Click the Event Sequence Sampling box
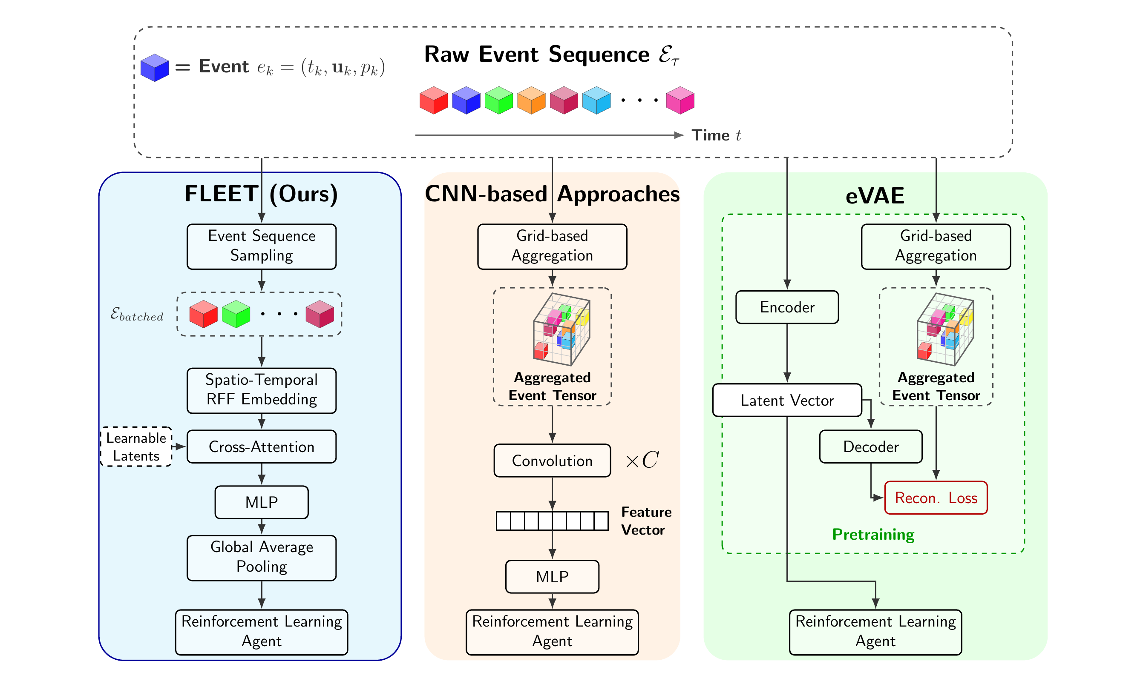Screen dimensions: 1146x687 (261, 246)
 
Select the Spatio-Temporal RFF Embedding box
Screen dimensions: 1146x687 (261, 390)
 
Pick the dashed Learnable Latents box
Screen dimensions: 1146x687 (136, 446)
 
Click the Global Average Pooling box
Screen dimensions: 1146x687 (261, 558)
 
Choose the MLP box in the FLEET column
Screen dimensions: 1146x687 (261, 502)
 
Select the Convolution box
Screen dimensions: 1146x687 (552, 460)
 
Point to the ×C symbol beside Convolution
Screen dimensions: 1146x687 (642, 460)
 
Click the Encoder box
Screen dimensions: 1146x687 (787, 307)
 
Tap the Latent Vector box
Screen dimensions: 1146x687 (787, 400)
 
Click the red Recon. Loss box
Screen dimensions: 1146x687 (936, 498)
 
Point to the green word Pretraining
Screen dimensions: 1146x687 (873, 534)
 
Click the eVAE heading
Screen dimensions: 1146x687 (875, 195)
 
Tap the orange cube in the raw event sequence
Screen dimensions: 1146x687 (531, 100)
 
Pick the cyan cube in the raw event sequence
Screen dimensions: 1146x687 (596, 100)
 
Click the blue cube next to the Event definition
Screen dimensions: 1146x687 (155, 68)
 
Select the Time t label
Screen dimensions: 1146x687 (716, 135)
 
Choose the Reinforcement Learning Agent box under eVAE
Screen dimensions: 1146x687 (875, 632)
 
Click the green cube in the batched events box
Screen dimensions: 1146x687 (236, 314)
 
